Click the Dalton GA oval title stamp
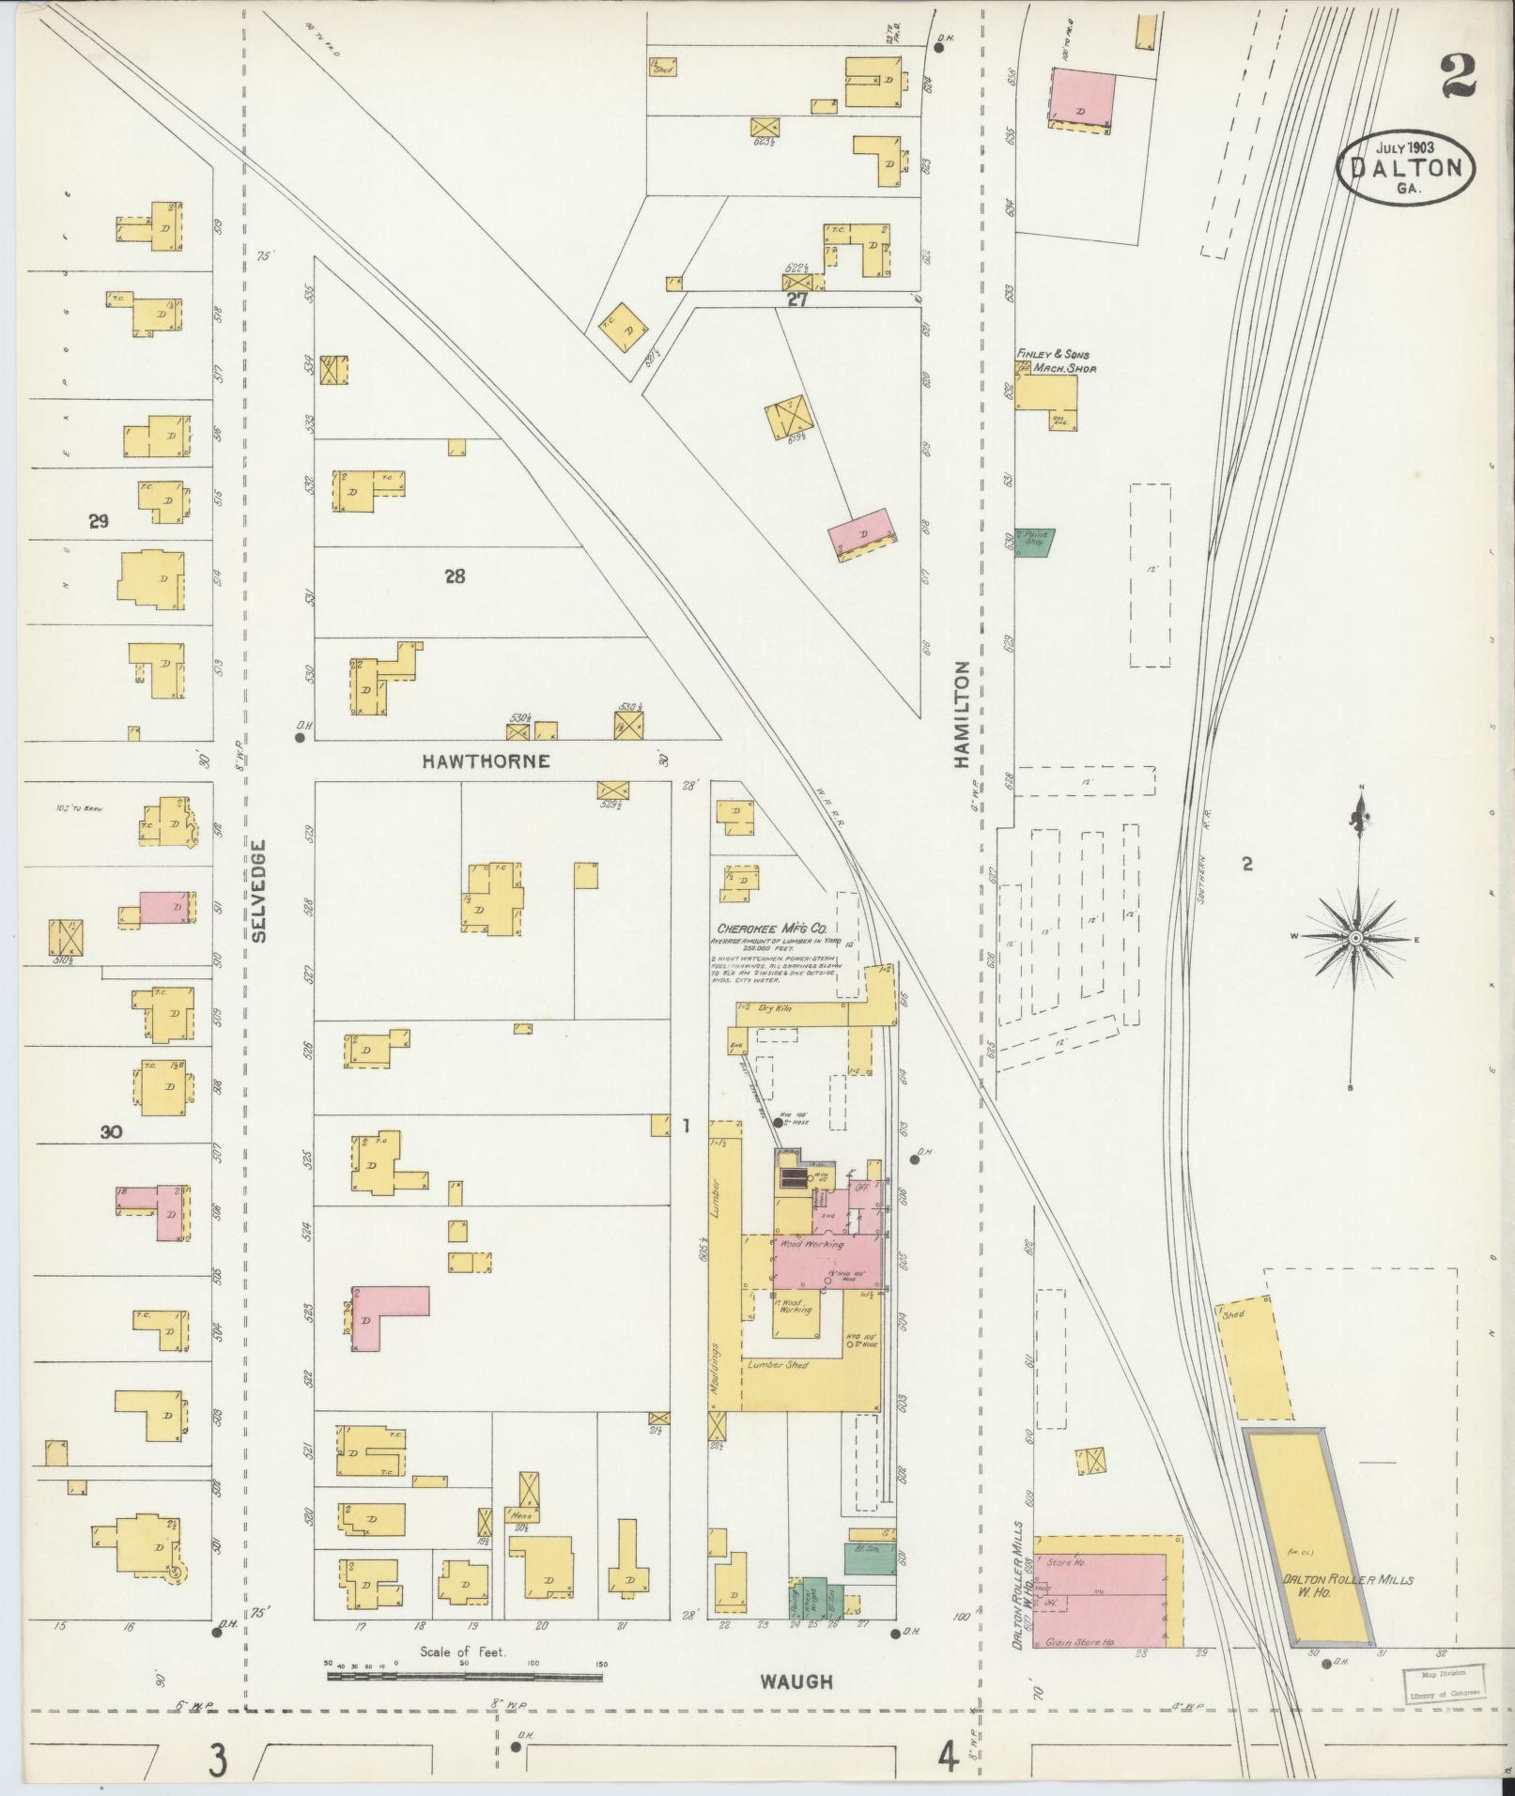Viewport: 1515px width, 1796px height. coord(1406,167)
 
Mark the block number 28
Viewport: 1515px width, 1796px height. coord(455,576)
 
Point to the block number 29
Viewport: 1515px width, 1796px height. coord(99,521)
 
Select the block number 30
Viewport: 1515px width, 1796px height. coord(112,1132)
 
